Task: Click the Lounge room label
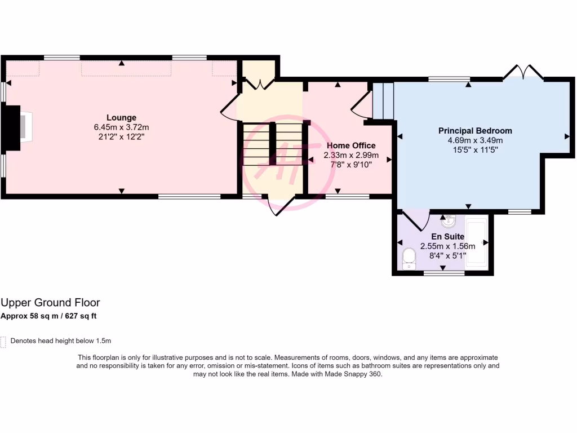[x=122, y=118]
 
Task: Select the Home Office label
[x=351, y=145]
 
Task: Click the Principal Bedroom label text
[x=475, y=131]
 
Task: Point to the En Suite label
[x=447, y=237]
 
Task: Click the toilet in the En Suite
[x=409, y=259]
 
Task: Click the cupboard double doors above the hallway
[x=259, y=85]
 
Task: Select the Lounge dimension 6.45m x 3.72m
[x=122, y=127]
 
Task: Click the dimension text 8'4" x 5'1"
[x=447, y=255]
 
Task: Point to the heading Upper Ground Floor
[x=50, y=303]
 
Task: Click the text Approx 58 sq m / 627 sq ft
[x=48, y=316]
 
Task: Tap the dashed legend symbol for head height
[x=3, y=342]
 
